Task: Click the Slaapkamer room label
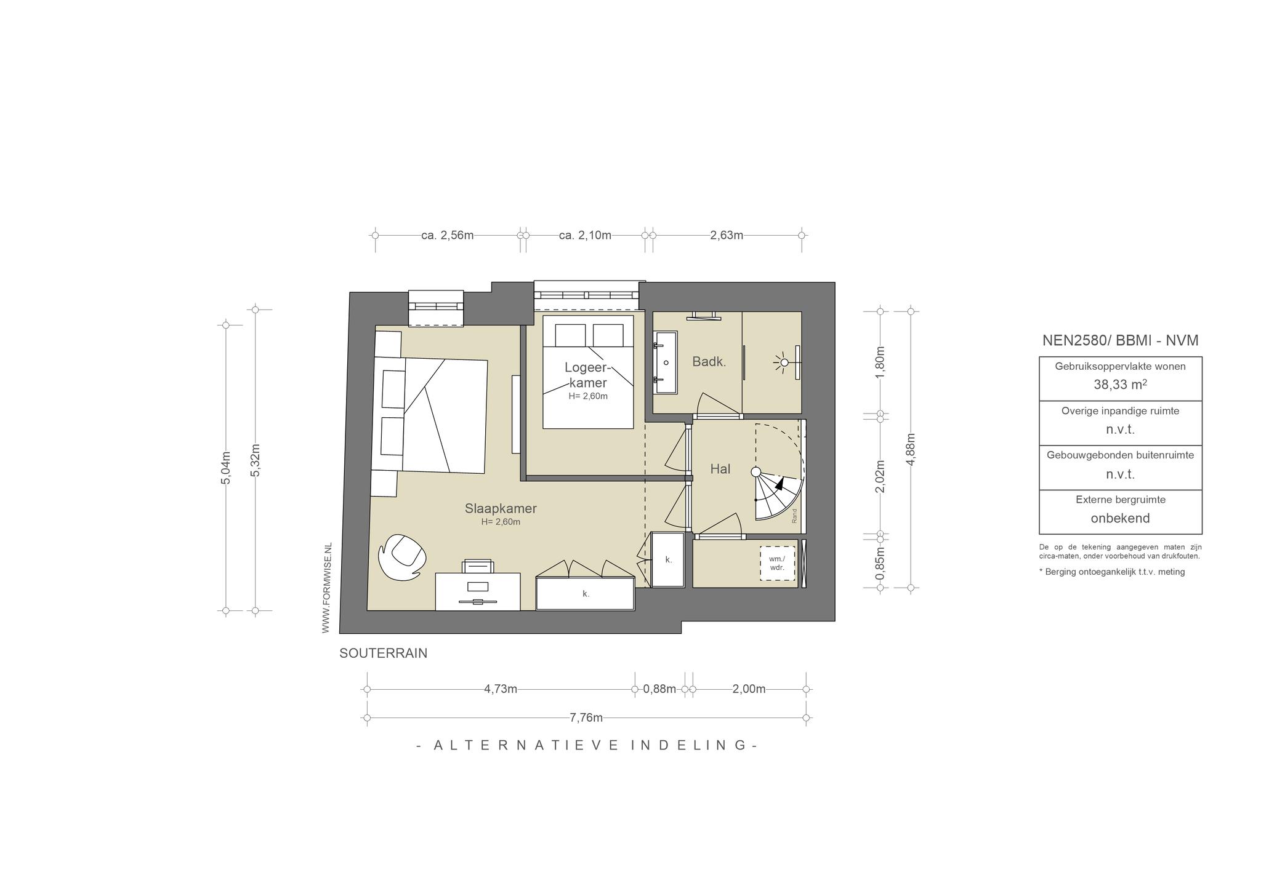tap(501, 509)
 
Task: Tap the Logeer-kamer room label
tap(587, 375)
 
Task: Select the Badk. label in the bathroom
tap(709, 362)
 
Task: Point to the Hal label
tap(720, 469)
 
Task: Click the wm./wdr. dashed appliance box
tap(777, 564)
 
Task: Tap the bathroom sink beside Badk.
tap(665, 362)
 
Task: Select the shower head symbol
tap(783, 362)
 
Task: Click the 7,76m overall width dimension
tap(586, 717)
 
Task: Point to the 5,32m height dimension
tap(256, 460)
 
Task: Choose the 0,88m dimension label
tap(659, 689)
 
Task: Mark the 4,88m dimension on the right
tap(911, 449)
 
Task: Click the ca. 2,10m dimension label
tap(585, 235)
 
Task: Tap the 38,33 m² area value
tap(1120, 385)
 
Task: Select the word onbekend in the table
tap(1120, 518)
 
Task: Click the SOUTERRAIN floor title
tap(383, 653)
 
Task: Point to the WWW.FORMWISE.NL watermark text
tap(326, 588)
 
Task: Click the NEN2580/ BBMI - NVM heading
tap(1120, 340)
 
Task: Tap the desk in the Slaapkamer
tap(478, 591)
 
